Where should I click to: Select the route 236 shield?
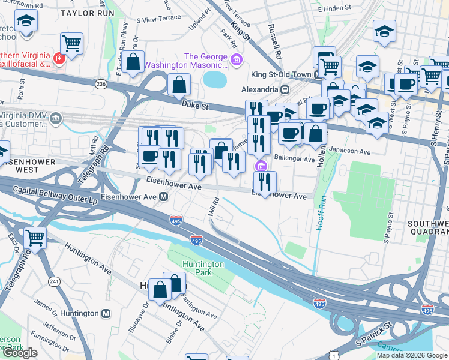(101, 85)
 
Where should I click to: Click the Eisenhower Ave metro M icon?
(163, 196)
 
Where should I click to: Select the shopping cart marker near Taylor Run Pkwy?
(71, 43)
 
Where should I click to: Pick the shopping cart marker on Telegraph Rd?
(35, 238)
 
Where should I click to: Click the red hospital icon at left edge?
(59, 59)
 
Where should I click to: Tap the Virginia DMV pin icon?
(56, 118)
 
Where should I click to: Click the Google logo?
(20, 353)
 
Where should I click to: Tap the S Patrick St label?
(373, 333)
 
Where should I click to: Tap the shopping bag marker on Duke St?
(179, 86)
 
